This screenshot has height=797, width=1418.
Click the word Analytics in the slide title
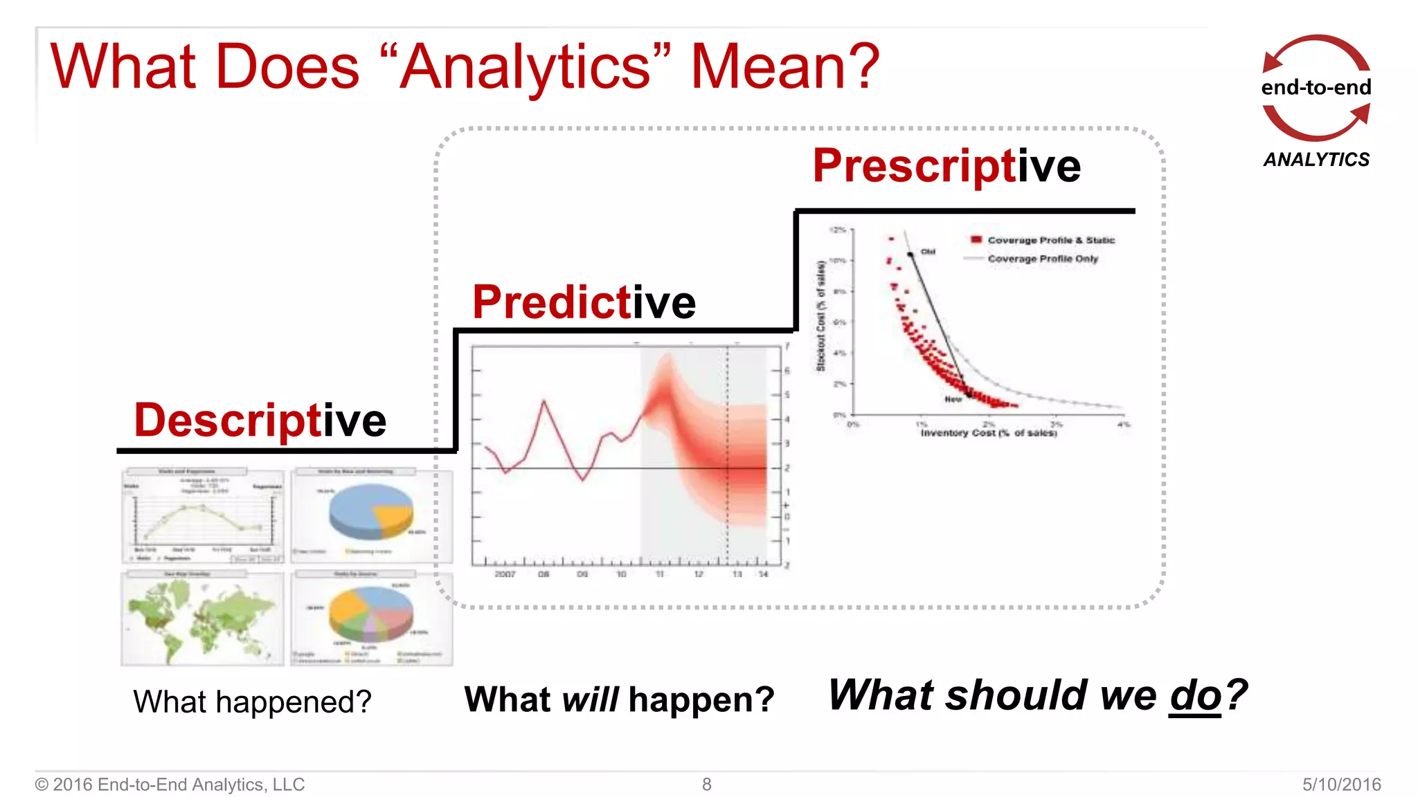tap(526, 68)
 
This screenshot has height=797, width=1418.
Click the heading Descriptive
tap(260, 421)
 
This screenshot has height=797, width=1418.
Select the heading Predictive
tap(584, 302)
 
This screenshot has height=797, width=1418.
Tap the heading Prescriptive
tap(946, 166)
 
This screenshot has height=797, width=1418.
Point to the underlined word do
tap(1195, 695)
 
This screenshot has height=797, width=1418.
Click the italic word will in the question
tap(589, 699)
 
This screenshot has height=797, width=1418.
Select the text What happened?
tap(252, 702)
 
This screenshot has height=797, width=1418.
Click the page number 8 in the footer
tap(706, 784)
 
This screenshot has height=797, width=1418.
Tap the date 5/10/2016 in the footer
tap(1341, 784)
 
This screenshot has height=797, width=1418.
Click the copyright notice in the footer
tap(170, 784)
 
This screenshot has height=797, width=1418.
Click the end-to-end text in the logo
tap(1316, 88)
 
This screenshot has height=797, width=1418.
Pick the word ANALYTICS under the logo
tap(1316, 160)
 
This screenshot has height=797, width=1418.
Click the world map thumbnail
tap(202, 619)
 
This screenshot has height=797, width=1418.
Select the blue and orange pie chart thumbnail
tap(372, 515)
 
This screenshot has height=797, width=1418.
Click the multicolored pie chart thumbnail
tap(372, 617)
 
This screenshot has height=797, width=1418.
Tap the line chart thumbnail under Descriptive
tap(202, 515)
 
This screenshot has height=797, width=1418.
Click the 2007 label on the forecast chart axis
tap(505, 574)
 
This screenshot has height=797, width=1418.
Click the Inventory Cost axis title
tap(988, 433)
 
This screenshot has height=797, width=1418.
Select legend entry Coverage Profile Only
tap(1042, 259)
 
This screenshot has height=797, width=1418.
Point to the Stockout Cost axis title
tap(821, 315)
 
